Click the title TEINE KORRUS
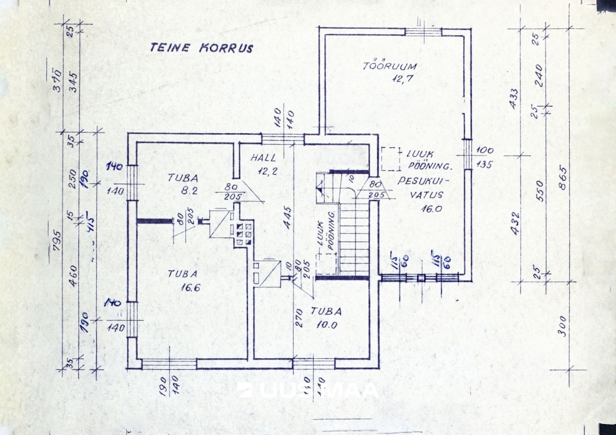pyautogui.click(x=201, y=48)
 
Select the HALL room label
pyautogui.click(x=264, y=158)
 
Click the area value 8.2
pyautogui.click(x=182, y=191)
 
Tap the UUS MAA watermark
pyautogui.click(x=308, y=391)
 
